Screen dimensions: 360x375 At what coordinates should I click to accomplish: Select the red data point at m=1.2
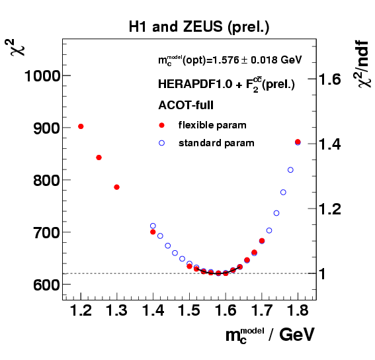tap(81, 126)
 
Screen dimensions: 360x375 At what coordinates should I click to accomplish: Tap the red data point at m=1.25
tap(99, 157)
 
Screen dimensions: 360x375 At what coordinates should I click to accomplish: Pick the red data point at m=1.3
tap(116, 187)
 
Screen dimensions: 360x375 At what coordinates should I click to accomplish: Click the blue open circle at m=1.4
tap(153, 226)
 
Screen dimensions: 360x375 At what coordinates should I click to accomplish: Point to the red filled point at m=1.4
tap(153, 233)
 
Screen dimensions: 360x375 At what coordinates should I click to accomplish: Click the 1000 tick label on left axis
tap(42, 76)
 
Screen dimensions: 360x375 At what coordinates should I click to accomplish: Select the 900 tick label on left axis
tap(46, 128)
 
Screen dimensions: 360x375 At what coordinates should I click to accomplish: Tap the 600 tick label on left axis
tap(46, 285)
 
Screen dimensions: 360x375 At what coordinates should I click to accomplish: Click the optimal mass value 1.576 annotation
tap(229, 60)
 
